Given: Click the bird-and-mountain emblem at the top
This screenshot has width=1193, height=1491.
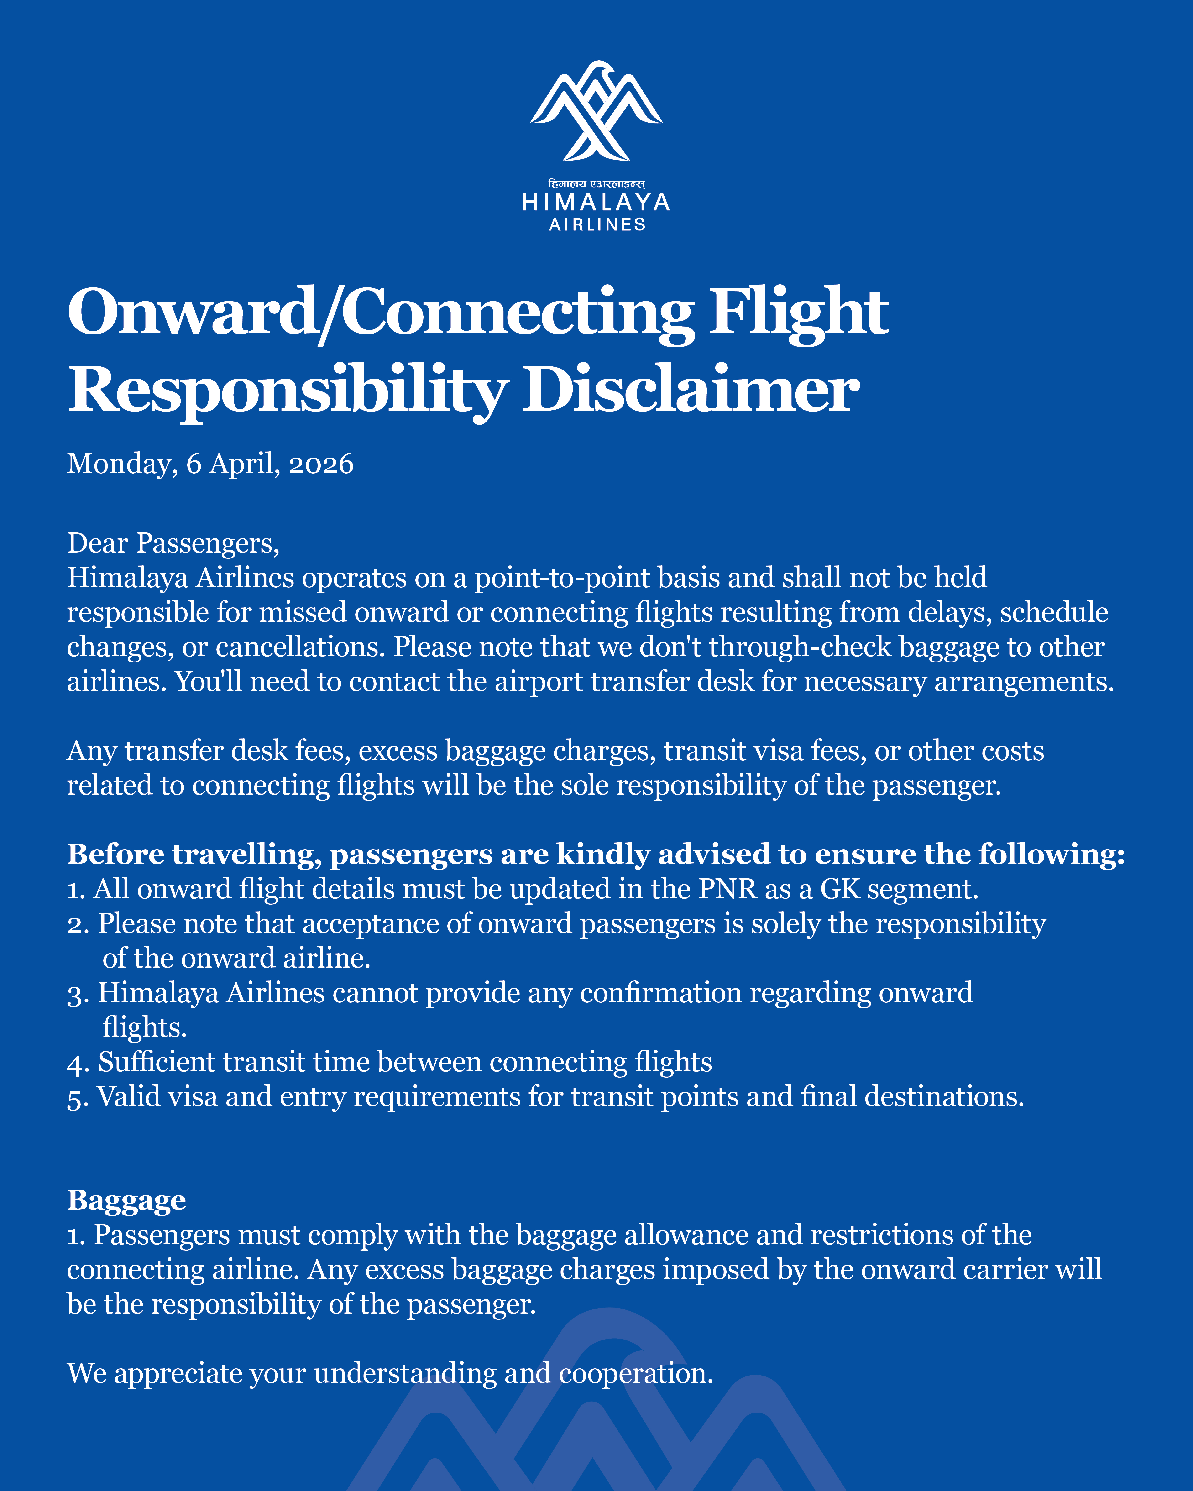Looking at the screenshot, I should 596,111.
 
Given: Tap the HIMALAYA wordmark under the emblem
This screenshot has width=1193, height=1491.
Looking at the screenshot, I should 596,203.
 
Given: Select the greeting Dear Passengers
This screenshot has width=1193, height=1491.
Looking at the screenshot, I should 173,544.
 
